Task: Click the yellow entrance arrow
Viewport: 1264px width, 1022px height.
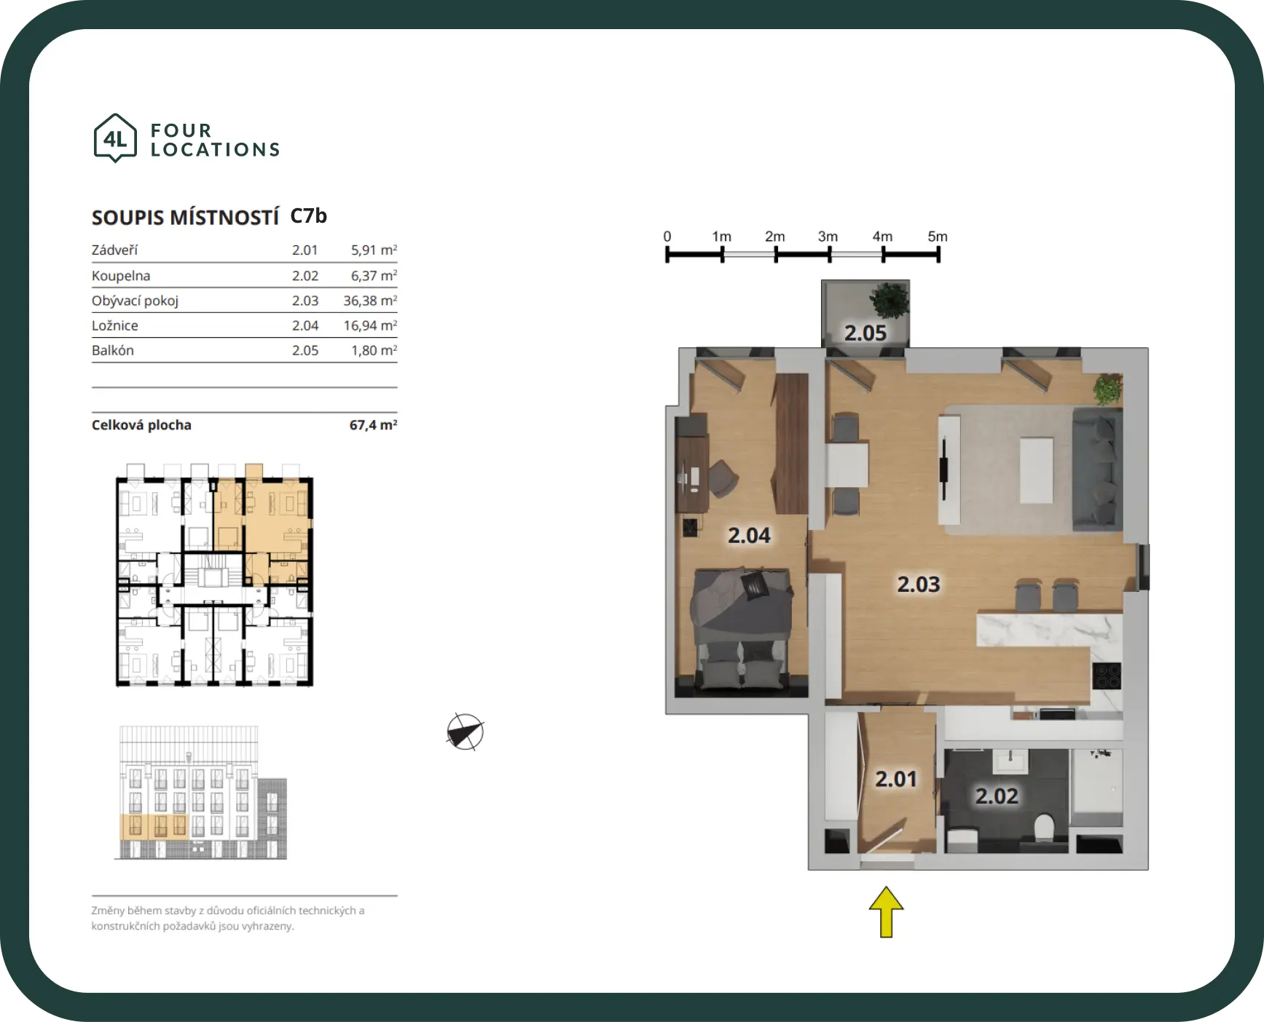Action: tap(886, 911)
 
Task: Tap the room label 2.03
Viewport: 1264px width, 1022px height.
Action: tap(918, 584)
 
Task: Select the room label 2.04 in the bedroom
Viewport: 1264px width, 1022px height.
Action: tap(749, 535)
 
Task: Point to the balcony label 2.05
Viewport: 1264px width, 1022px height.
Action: tap(865, 333)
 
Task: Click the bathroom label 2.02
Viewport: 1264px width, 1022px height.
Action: tap(997, 796)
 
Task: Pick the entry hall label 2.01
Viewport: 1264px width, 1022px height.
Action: tap(895, 779)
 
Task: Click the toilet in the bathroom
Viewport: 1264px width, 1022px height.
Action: tap(1044, 827)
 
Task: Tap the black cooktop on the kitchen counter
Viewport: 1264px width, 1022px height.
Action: tap(1106, 676)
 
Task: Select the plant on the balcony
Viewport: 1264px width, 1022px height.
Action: tap(890, 300)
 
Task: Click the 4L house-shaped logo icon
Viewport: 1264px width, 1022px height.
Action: tap(115, 138)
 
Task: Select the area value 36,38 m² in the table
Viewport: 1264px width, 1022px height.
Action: tap(370, 301)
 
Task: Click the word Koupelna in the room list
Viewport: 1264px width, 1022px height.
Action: tap(121, 276)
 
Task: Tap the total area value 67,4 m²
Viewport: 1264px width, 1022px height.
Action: tap(373, 425)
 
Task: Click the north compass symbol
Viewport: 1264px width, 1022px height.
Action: tap(465, 732)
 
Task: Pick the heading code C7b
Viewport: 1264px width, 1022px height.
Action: tap(308, 216)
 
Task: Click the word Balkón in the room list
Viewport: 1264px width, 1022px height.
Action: tap(113, 350)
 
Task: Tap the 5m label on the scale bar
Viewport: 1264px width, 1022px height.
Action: tap(938, 237)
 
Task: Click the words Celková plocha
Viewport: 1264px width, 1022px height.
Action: tap(141, 425)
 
